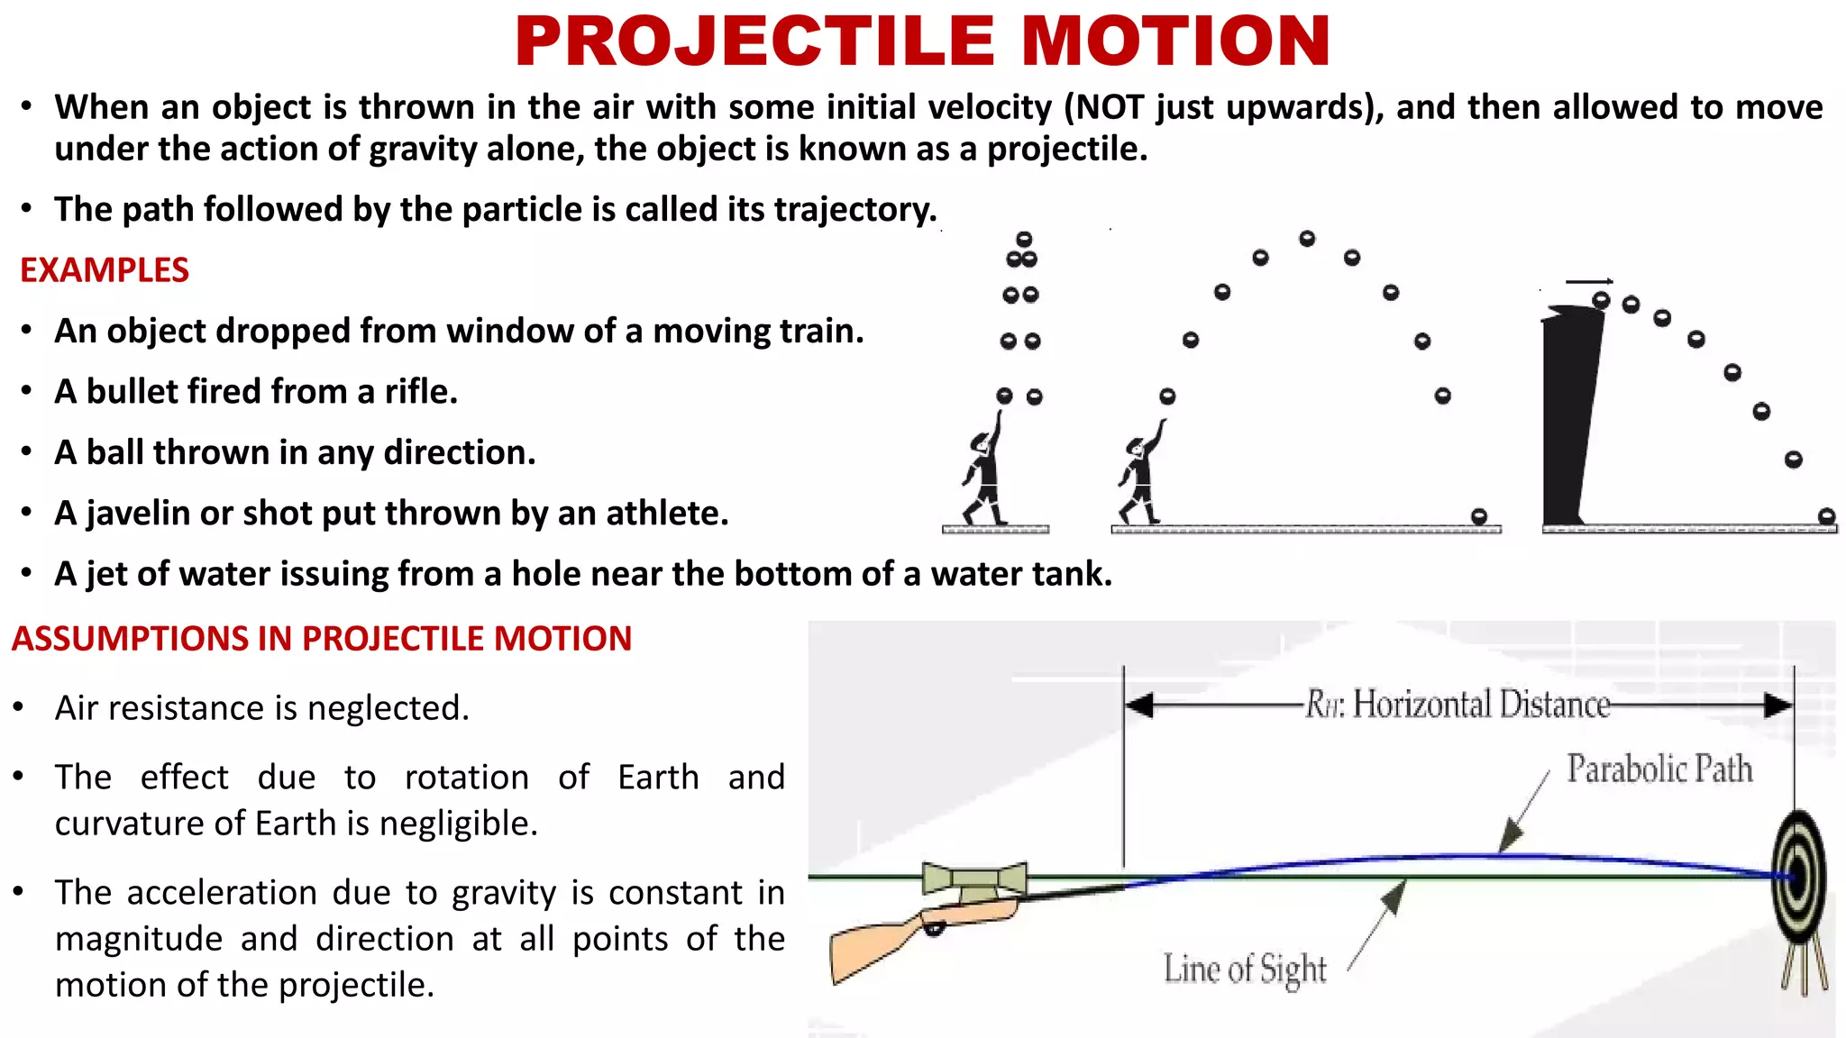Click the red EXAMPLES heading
(x=105, y=270)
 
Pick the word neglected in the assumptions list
(x=388, y=708)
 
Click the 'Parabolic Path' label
(x=1659, y=769)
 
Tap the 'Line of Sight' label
(x=1245, y=970)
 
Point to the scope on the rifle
(x=974, y=878)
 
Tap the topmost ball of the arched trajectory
(x=1307, y=239)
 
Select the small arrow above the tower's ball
(x=1589, y=282)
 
